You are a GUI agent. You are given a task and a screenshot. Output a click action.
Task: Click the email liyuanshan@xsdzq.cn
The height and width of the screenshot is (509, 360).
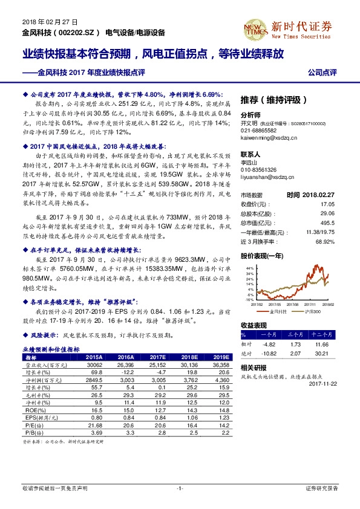tap(267, 178)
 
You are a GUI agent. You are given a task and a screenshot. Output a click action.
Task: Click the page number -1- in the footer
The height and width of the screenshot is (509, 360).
tap(180, 487)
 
